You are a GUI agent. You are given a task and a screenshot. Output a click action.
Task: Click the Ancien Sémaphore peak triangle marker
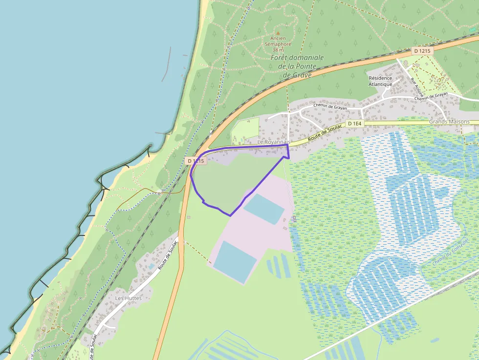pyautogui.click(x=278, y=33)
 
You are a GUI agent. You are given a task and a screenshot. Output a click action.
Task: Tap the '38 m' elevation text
pyautogui.click(x=278, y=50)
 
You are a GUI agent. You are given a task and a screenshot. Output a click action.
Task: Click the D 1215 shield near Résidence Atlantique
pyautogui.click(x=422, y=50)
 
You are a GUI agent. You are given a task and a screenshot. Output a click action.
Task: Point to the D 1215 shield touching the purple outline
pyautogui.click(x=196, y=160)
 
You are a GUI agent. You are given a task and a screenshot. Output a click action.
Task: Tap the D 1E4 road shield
pyautogui.click(x=355, y=124)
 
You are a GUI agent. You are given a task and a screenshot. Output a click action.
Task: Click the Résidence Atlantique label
pyautogui.click(x=380, y=81)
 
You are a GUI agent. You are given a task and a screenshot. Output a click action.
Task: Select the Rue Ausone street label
pyautogui.click(x=417, y=86)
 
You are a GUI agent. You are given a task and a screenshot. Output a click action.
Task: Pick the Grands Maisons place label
pyautogui.click(x=449, y=122)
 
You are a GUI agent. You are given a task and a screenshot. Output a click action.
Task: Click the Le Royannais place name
pyautogui.click(x=274, y=142)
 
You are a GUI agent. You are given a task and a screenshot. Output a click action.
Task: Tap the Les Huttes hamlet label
pyautogui.click(x=128, y=298)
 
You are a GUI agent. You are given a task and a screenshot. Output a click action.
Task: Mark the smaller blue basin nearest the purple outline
pyautogui.click(x=264, y=209)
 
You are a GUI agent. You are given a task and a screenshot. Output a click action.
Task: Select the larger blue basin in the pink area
pyautogui.click(x=235, y=261)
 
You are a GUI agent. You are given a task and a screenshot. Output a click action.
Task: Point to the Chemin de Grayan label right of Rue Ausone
pyautogui.click(x=431, y=96)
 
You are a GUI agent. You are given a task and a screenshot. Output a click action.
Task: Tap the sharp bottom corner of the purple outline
pyautogui.click(x=230, y=215)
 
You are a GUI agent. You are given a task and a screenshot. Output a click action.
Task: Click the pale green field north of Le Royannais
pyautogui.click(x=245, y=129)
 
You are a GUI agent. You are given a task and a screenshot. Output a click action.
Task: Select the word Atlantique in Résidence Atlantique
pyautogui.click(x=380, y=84)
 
